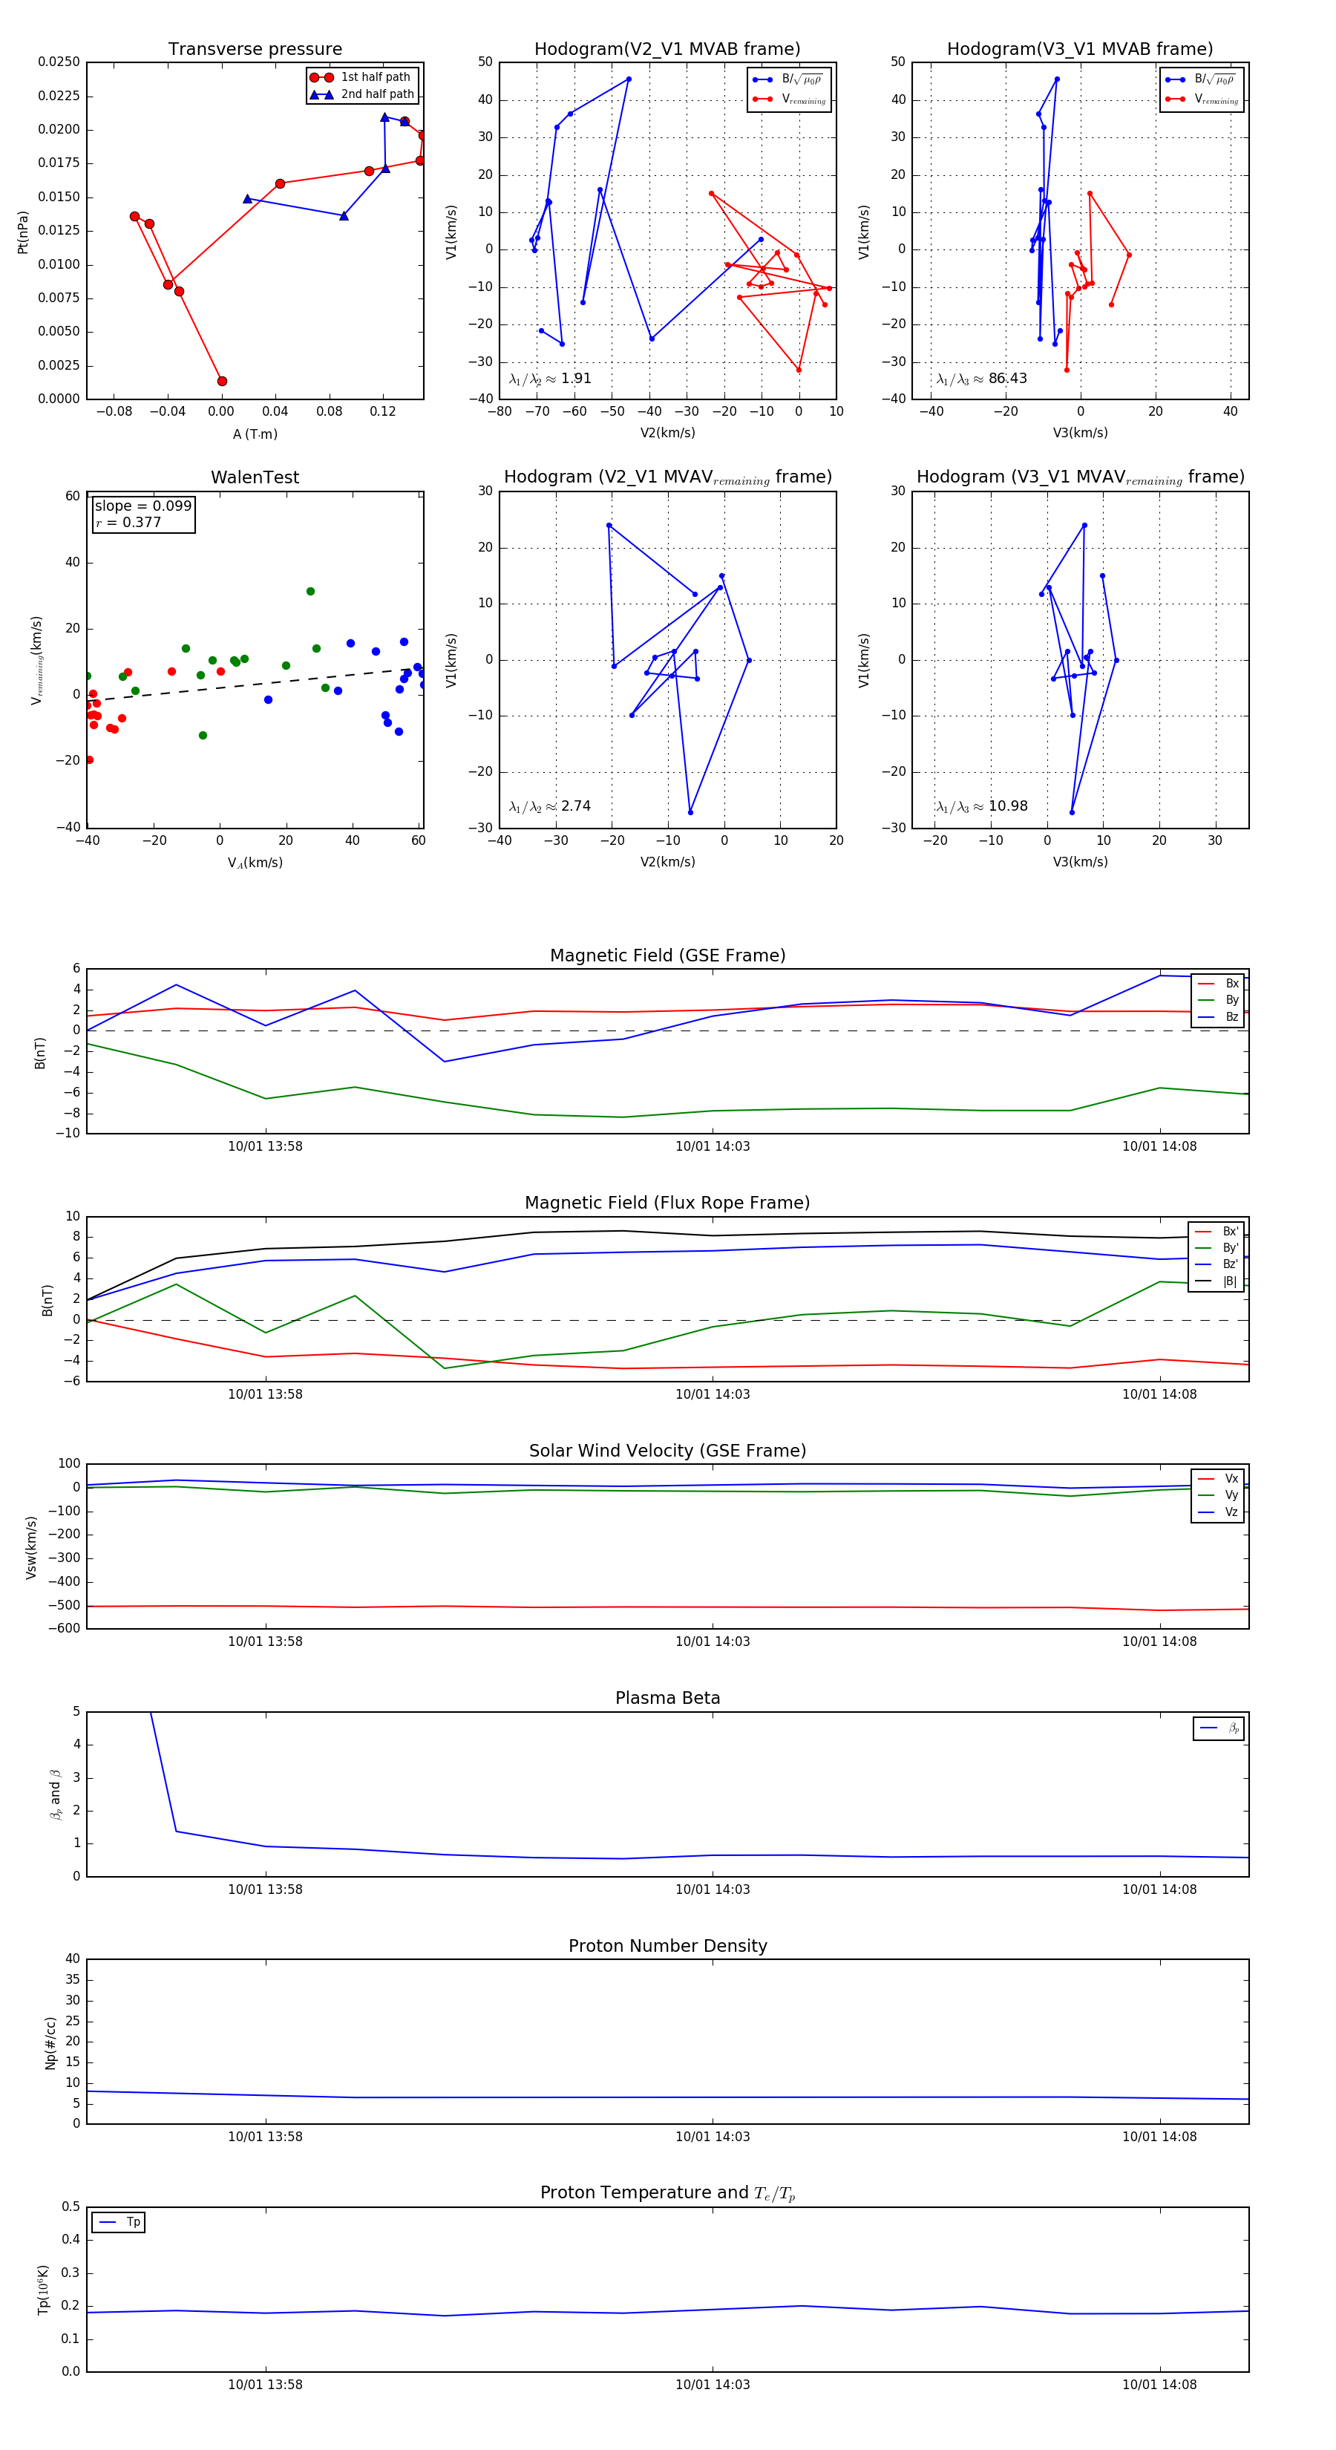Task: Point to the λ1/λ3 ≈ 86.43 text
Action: (x=981, y=379)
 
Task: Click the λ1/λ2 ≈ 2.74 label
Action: (x=549, y=806)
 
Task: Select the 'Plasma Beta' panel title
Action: (x=667, y=1698)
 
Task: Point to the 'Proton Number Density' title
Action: (x=667, y=1946)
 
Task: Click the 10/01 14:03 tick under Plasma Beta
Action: (x=713, y=1889)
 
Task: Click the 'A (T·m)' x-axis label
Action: (x=255, y=434)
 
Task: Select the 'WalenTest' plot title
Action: (x=255, y=477)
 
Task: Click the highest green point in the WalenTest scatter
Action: (x=310, y=592)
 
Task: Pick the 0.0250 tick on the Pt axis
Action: (x=59, y=62)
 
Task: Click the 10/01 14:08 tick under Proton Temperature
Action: (x=1159, y=2385)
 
